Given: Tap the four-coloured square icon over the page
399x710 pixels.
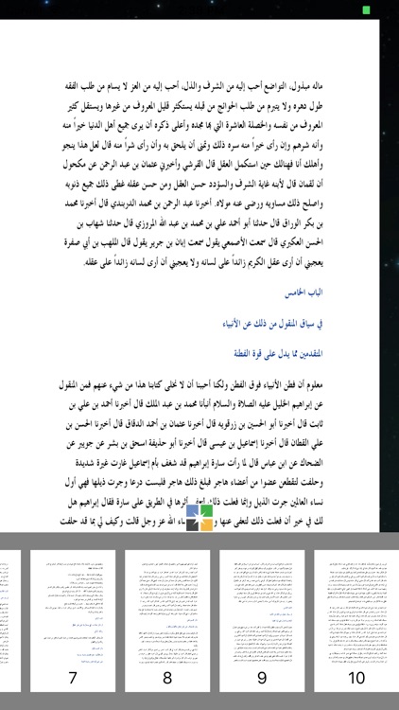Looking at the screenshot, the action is coord(199,517).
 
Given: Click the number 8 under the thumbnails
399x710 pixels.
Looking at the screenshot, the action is coord(167,679).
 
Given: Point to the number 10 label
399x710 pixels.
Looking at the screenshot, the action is coord(356,679).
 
